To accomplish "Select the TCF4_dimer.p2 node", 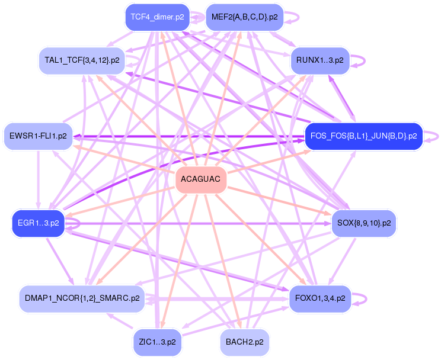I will coord(158,17).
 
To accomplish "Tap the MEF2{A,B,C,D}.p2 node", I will coord(244,17).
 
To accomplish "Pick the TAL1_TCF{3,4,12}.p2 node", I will coord(82,60).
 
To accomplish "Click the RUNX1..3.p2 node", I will coord(320,60).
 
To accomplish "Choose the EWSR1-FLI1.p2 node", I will coord(38,136).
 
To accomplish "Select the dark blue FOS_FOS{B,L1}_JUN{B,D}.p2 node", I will coord(363,136).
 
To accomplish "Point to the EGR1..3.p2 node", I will coord(38,223).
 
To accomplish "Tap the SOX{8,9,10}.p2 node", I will coord(363,223).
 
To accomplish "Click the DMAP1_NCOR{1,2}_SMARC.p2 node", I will coord(82,298).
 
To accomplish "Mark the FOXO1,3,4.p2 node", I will coord(319,298).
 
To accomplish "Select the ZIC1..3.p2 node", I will coord(157,342).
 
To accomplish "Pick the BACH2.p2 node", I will coord(244,342).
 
